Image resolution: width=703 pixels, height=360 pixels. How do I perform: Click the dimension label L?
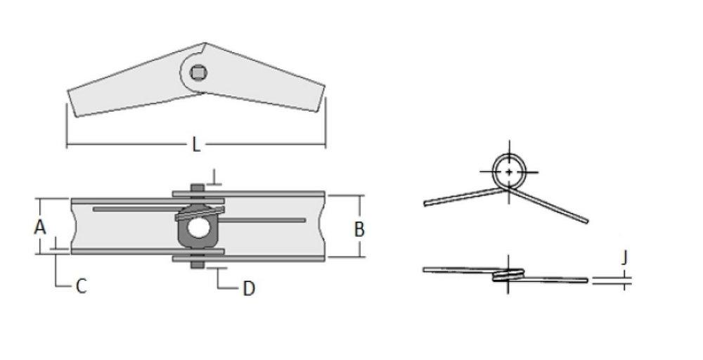196,146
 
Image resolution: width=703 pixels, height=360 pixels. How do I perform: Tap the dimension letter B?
359,229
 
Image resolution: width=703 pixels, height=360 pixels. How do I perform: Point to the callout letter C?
81,287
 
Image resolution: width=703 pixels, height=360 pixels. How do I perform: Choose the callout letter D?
248,288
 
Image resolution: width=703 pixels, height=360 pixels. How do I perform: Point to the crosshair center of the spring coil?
508,172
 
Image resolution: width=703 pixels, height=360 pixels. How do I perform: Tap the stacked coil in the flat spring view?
508,275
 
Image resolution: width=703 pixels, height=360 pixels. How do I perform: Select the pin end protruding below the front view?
198,265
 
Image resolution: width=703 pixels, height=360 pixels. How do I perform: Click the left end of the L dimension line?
67,146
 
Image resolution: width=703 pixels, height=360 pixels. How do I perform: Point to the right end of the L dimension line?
325,146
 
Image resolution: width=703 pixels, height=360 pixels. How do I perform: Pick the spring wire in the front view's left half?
134,210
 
